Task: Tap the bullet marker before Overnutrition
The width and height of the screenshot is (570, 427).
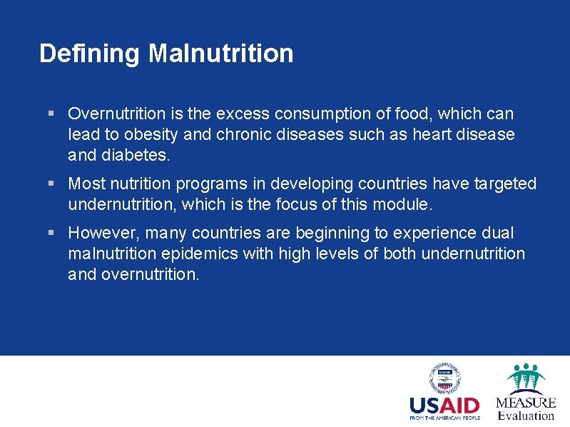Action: click(x=51, y=114)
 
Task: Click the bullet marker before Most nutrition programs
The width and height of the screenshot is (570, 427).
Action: click(x=51, y=184)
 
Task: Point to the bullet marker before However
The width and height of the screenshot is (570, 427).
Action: click(x=51, y=233)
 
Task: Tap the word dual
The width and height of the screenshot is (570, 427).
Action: click(x=497, y=233)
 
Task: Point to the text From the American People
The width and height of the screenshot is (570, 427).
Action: click(x=444, y=418)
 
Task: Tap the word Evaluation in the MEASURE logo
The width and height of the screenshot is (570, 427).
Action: click(x=526, y=416)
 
